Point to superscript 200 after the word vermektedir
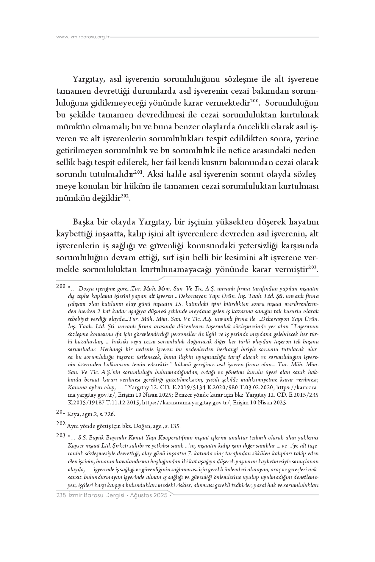pos(255,101)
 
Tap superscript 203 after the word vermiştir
pos(312,267)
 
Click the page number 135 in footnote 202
pos(176,426)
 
